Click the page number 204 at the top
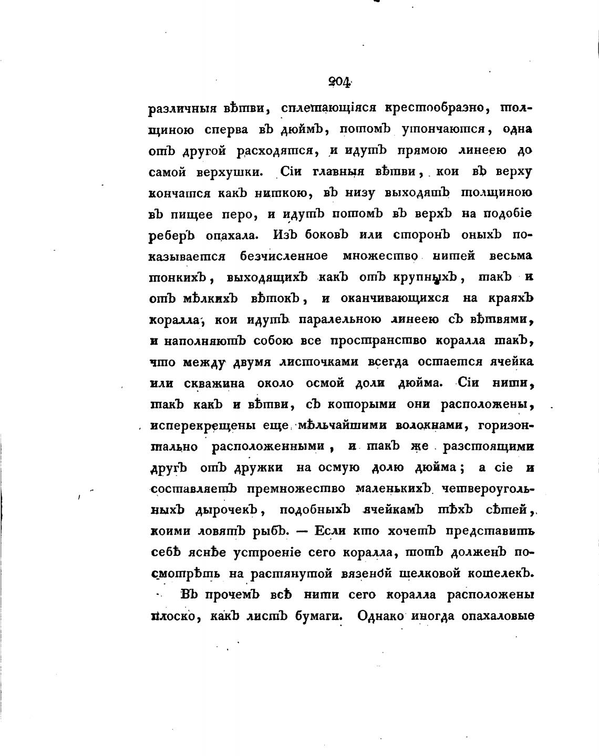(x=338, y=81)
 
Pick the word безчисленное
(x=284, y=256)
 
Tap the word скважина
(x=216, y=383)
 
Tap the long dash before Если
(x=302, y=531)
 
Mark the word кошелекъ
(x=493, y=573)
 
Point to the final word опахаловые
(x=498, y=616)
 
